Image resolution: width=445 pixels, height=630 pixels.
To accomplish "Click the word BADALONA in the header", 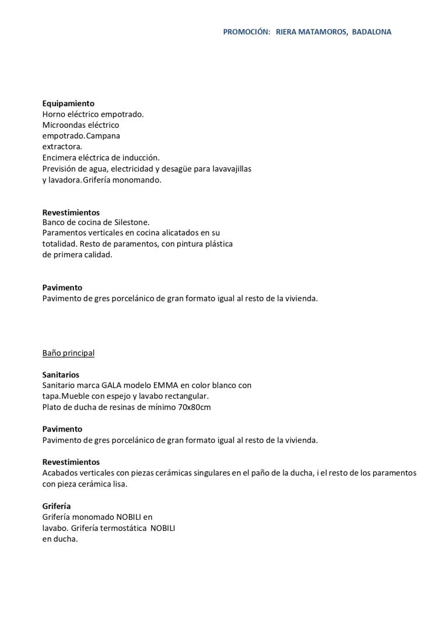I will coord(372,32).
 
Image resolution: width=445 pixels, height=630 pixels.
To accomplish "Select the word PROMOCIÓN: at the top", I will coord(246,32).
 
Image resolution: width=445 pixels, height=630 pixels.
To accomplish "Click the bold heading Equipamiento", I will coord(68,103).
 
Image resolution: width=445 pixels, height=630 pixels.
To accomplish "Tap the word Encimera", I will coord(60,157).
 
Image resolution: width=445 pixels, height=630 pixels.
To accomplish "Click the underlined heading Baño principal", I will coord(68,353).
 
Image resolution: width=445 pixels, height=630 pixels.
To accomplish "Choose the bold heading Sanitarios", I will coord(61,374).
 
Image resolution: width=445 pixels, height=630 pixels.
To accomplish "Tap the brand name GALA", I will coord(111,386).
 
